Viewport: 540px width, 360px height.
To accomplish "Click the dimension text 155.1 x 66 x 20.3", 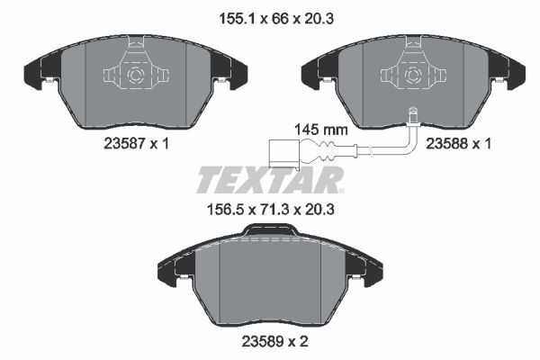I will [x=269, y=14].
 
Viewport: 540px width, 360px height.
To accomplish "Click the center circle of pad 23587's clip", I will [x=135, y=76].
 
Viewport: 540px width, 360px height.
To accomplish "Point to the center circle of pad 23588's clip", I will [x=412, y=76].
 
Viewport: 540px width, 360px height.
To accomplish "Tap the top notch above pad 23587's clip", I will [x=135, y=42].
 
